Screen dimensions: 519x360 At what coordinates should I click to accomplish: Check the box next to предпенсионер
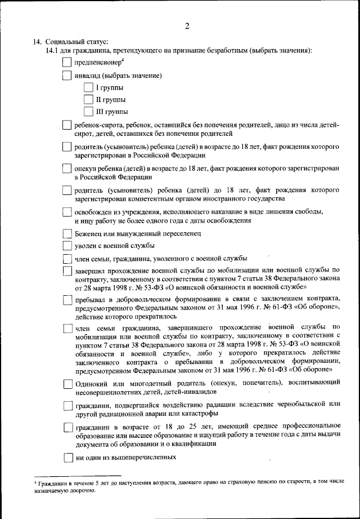[x=67, y=63]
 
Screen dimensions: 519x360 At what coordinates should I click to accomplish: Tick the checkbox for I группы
[x=87, y=88]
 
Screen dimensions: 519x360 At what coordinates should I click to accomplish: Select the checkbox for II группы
[x=87, y=100]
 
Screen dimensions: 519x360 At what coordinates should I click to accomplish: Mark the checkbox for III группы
[x=87, y=112]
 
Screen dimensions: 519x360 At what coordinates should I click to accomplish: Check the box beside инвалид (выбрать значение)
[x=67, y=76]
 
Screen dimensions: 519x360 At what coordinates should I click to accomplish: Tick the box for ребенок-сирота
[x=67, y=125]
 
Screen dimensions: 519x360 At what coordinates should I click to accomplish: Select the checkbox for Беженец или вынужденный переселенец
[x=67, y=233]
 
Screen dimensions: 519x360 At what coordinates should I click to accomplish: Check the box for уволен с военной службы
[x=67, y=246]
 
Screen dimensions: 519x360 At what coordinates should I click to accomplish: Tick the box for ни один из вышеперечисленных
[x=67, y=458]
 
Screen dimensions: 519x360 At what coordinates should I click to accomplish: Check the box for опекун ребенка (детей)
[x=67, y=169]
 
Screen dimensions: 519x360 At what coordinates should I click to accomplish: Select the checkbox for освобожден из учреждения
[x=67, y=212]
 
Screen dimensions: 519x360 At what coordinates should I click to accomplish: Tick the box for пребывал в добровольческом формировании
[x=67, y=300]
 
